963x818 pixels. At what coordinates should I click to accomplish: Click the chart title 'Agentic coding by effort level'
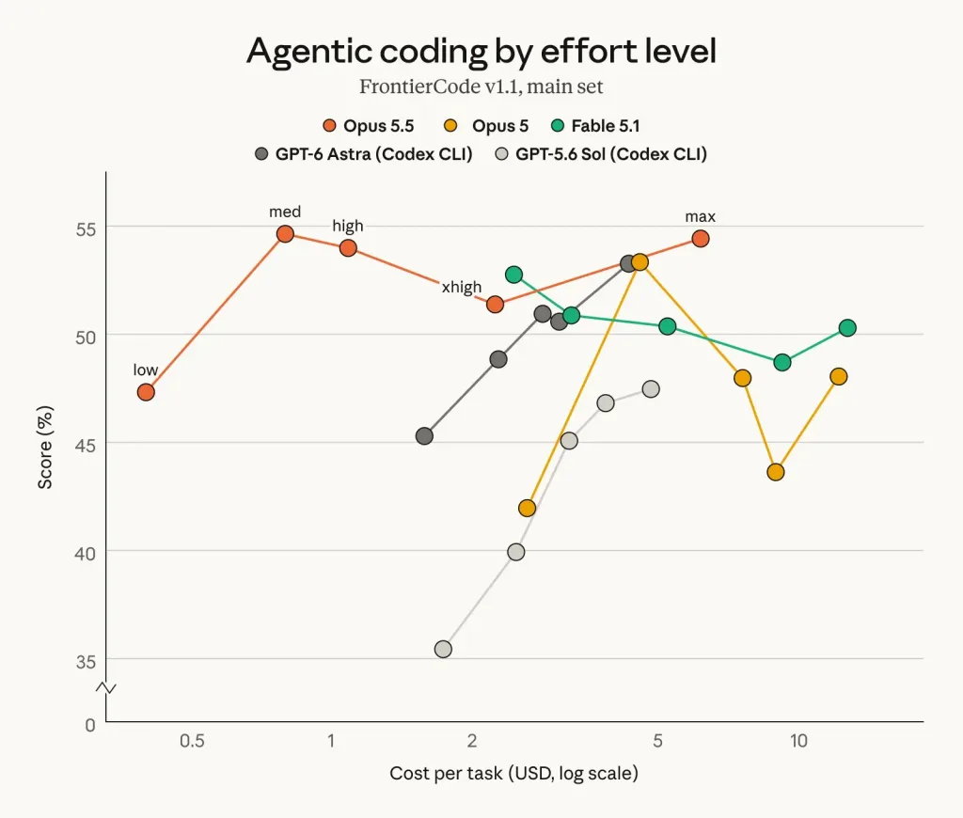(481, 51)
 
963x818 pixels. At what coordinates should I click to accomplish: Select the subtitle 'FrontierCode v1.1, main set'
(481, 87)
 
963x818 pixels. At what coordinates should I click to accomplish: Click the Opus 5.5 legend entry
(369, 126)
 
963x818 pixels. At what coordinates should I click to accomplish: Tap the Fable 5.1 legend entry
(595, 126)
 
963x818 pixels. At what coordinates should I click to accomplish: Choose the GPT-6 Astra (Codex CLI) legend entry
(364, 153)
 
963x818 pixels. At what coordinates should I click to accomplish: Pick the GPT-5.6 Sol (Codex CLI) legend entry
(601, 153)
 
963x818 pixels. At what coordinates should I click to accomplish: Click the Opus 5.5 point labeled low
(146, 392)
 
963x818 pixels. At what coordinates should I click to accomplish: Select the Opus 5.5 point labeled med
(285, 234)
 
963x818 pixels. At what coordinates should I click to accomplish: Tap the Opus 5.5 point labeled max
(700, 238)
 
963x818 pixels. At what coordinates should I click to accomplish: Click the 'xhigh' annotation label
(462, 287)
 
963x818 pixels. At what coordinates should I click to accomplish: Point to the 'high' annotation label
(348, 226)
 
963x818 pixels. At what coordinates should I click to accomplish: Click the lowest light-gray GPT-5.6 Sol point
(443, 649)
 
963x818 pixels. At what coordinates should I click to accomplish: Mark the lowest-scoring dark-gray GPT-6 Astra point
(424, 436)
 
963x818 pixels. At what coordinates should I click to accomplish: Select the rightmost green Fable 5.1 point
(847, 328)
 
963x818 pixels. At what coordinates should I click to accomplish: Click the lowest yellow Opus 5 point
(527, 508)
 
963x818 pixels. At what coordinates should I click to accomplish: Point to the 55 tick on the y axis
(86, 229)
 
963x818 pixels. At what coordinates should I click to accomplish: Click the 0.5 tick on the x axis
(192, 741)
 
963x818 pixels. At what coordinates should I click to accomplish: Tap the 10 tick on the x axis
(798, 741)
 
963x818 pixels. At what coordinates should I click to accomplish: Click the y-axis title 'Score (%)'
(45, 447)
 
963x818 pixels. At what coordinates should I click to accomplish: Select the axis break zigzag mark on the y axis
(105, 688)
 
